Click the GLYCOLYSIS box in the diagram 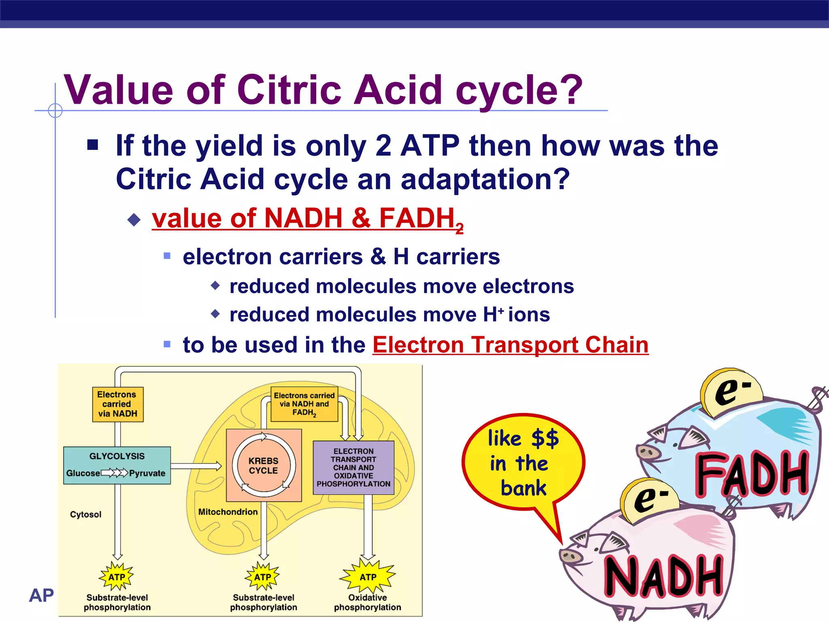(117, 465)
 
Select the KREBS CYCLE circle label (264, 466)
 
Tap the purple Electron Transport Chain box (353, 467)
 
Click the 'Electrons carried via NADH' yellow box (117, 404)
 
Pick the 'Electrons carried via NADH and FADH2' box (304, 404)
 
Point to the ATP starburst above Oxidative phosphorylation (368, 577)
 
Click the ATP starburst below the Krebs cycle (263, 577)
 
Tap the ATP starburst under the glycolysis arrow (117, 577)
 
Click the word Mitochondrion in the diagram (227, 512)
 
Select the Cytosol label (85, 514)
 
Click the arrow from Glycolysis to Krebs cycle (196, 466)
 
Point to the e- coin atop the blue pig (732, 392)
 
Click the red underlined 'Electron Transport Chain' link (510, 345)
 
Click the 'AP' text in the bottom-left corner (41, 595)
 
